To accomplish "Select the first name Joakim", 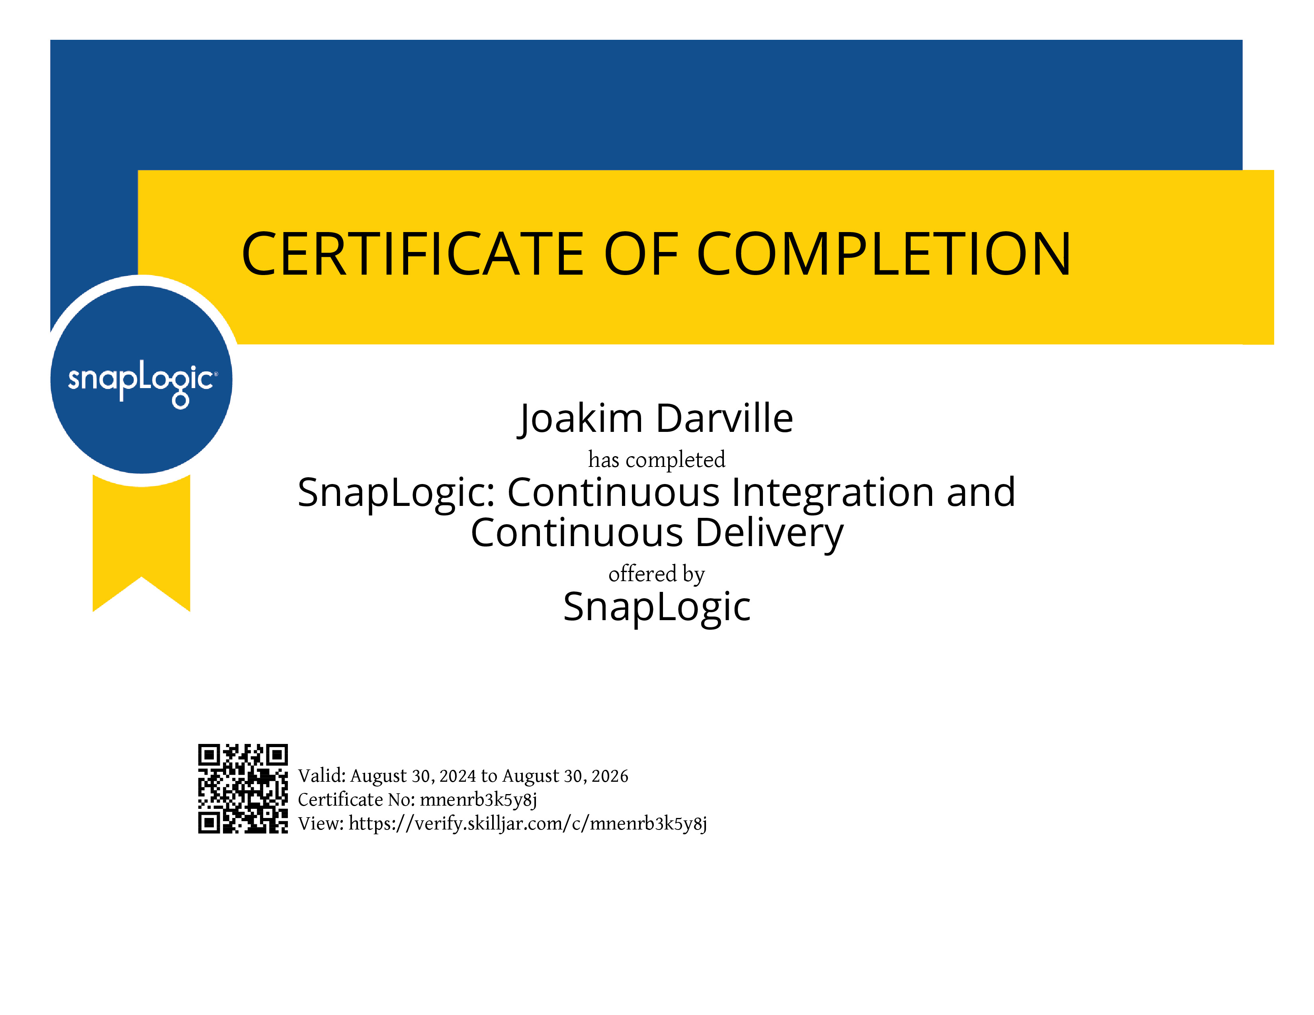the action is (580, 419).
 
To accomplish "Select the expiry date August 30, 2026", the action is (565, 776).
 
